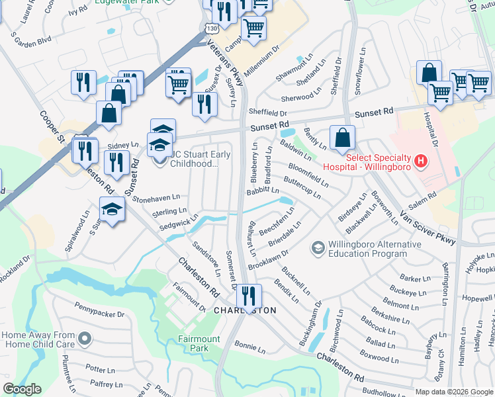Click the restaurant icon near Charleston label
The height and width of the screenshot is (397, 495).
(249, 295)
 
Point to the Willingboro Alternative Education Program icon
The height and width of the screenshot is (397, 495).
(318, 248)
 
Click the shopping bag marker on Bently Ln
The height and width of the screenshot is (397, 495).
(343, 139)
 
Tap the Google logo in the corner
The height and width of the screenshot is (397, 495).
(22, 389)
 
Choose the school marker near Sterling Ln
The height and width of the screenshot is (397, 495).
(112, 210)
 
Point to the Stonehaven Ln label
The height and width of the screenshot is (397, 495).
(156, 197)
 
